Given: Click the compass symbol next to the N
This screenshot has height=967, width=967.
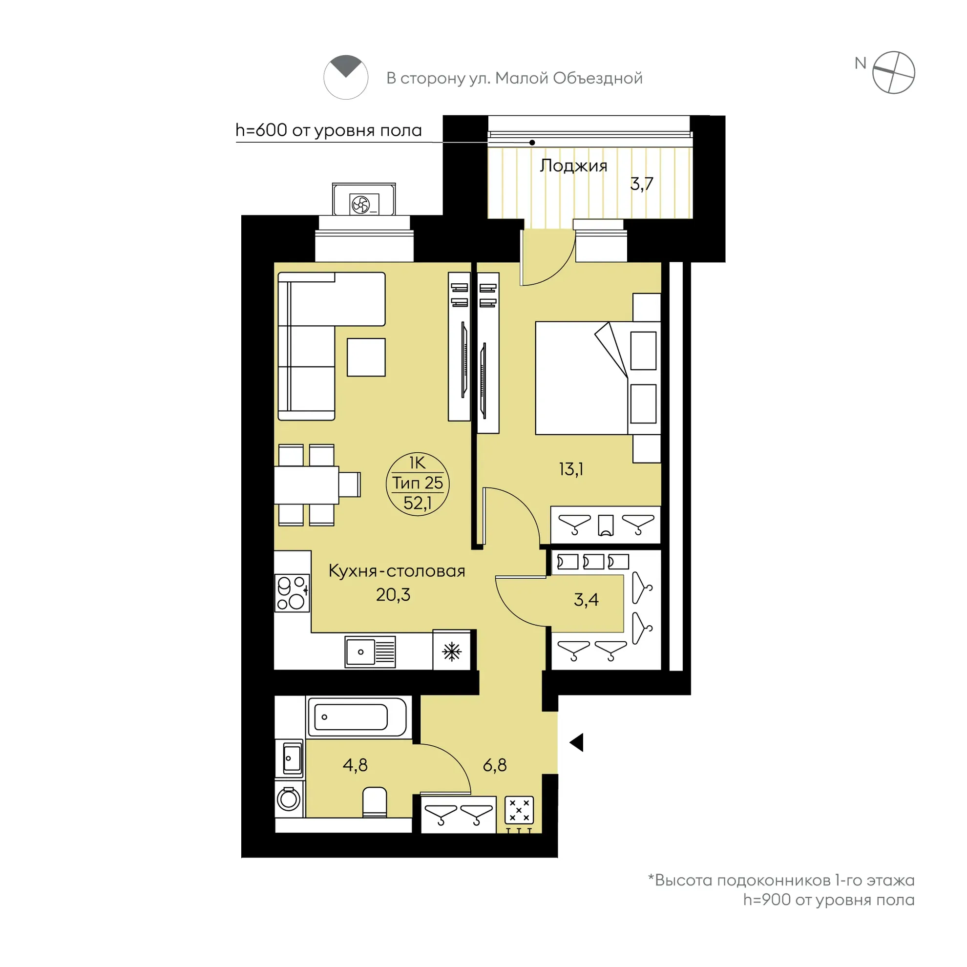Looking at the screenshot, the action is pos(893,73).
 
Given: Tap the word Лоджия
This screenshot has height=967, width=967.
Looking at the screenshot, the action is pos(573,166).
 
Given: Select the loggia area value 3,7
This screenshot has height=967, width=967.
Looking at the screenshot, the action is pos(642,184).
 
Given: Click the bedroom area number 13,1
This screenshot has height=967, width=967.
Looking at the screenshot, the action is pos(570,469).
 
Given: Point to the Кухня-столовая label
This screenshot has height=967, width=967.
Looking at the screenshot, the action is pos(397,570).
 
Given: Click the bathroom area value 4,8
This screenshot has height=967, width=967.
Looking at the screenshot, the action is pos(355,765).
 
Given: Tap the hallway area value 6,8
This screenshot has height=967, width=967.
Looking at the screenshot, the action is pos(495,765).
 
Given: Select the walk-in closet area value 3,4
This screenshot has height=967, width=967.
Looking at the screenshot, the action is pos(586,599).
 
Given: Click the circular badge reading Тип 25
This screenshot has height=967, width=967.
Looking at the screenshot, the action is pos(418,483).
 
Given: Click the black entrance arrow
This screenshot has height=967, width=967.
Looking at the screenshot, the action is pos(577,742).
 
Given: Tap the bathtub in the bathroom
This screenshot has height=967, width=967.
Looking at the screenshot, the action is pos(358,717).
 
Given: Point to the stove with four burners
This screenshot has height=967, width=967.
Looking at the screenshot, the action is pos(292,593).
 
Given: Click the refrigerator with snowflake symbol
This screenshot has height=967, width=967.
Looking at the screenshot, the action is pos(451,651).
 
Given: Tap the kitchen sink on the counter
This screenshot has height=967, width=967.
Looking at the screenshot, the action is pos(370,652).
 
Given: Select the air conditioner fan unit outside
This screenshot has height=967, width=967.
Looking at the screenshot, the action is pos(364,204).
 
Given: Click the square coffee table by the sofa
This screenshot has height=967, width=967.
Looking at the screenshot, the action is pos(366,357).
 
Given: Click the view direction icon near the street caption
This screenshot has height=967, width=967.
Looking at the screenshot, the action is pos(346,77).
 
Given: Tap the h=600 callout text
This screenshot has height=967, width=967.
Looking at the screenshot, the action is pos(329,130).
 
